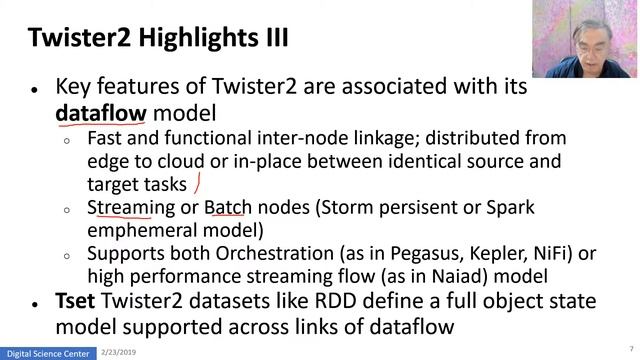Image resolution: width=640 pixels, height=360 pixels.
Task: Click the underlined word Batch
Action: pos(228,208)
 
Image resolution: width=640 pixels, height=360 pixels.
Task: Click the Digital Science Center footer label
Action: pos(49,353)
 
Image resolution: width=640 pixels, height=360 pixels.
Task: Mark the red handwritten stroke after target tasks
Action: pos(198,182)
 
